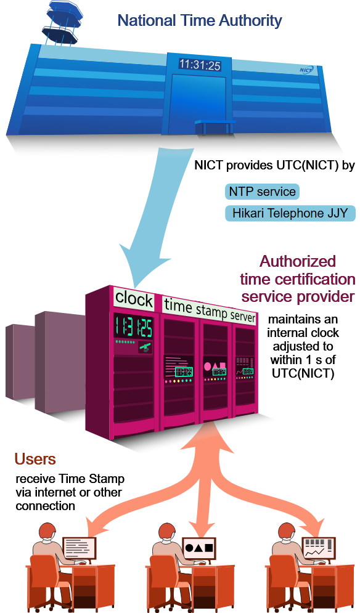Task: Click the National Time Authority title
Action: (200, 20)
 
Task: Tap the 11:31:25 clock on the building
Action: (200, 65)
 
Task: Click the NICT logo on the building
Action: (306, 70)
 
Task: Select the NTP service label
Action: (262, 192)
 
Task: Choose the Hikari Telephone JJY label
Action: (290, 213)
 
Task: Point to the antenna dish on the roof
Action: (63, 22)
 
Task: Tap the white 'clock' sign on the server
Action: (134, 299)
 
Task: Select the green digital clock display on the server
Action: (133, 327)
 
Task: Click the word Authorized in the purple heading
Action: (298, 261)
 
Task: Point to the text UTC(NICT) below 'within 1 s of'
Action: (303, 373)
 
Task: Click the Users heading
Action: (35, 459)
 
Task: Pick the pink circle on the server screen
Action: (208, 367)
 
